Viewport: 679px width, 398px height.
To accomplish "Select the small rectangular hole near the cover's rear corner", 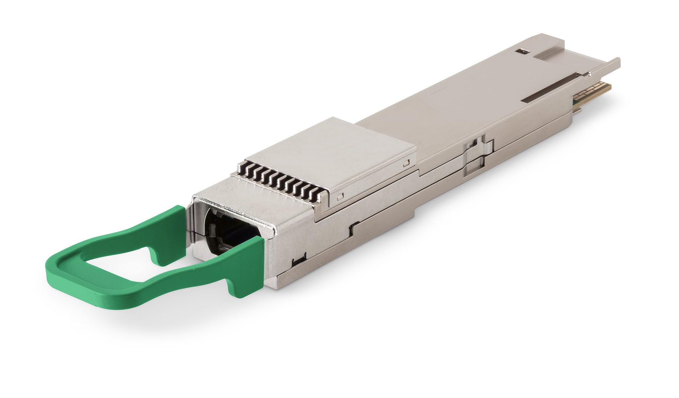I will pyautogui.click(x=406, y=163).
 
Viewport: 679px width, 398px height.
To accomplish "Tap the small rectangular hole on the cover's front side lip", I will pyautogui.click(x=339, y=198).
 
